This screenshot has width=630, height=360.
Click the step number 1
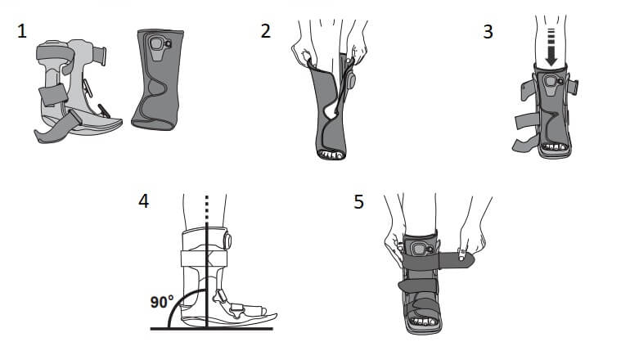(22, 31)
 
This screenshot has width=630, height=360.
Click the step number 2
(266, 31)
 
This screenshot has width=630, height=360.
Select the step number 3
(488, 32)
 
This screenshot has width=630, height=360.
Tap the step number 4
(143, 201)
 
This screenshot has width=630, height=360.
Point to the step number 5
(358, 202)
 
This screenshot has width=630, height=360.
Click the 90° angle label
(162, 301)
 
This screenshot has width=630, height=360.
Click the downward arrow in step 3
(551, 47)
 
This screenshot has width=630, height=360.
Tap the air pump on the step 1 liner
(158, 43)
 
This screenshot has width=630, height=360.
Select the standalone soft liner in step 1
(157, 79)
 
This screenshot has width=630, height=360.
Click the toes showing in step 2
(331, 155)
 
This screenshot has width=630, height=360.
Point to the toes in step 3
(555, 147)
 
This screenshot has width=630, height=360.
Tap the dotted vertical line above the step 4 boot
(206, 209)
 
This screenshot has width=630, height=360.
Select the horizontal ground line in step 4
(212, 329)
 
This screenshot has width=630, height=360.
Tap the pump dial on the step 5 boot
(421, 250)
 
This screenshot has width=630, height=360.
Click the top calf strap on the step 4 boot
(204, 259)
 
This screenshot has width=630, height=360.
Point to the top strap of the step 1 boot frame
(55, 53)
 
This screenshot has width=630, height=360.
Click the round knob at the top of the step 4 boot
(227, 241)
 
